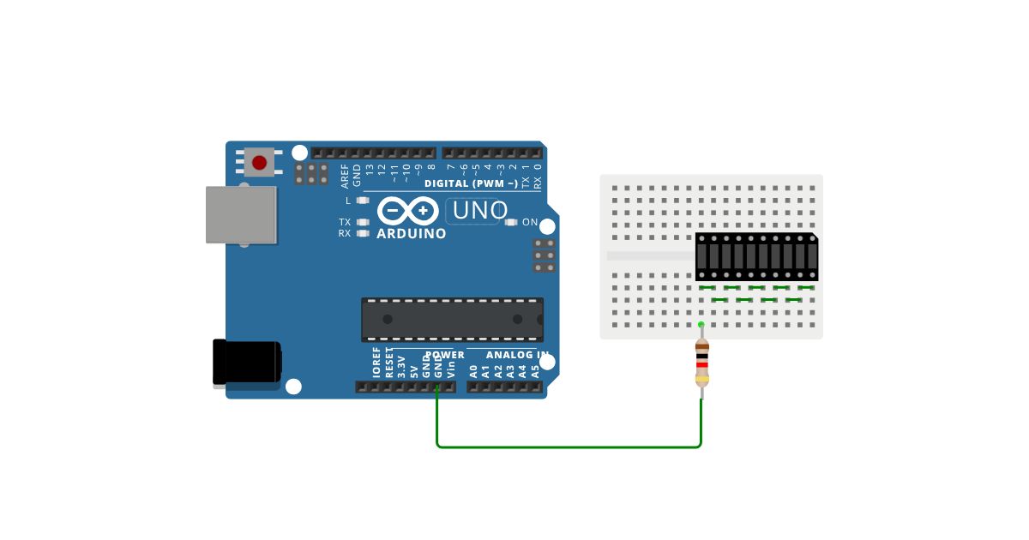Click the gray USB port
pyautogui.click(x=241, y=214)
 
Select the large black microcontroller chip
pyautogui.click(x=452, y=319)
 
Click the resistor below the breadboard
pyautogui.click(x=701, y=363)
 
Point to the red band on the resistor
pyautogui.click(x=701, y=366)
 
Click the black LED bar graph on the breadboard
pyautogui.click(x=756, y=256)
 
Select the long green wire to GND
pyautogui.click(x=569, y=447)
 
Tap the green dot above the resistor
pyautogui.click(x=701, y=324)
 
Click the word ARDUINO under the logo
pyautogui.click(x=412, y=233)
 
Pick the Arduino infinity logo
pyautogui.click(x=408, y=210)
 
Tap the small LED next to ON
pyautogui.click(x=512, y=222)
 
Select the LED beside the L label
pyautogui.click(x=363, y=201)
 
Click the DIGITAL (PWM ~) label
pyautogui.click(x=471, y=183)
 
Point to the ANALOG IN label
pyautogui.click(x=517, y=355)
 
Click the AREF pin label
pyautogui.click(x=346, y=176)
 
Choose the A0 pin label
pyautogui.click(x=473, y=371)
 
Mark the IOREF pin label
pyautogui.click(x=376, y=363)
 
